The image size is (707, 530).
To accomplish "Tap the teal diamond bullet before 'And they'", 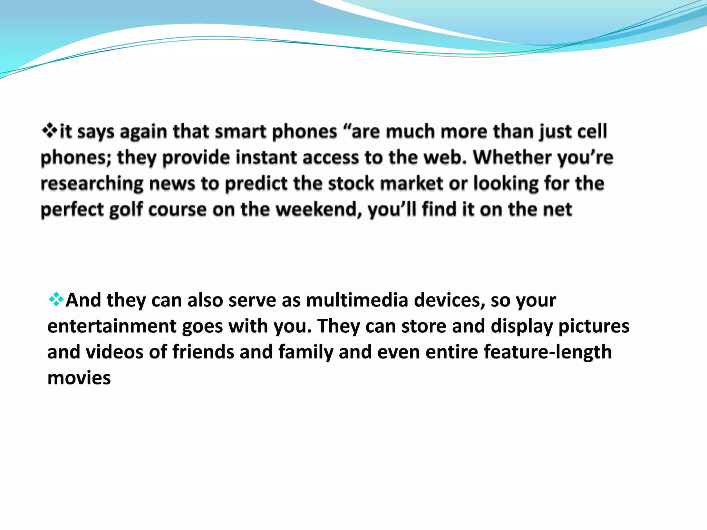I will [56, 300].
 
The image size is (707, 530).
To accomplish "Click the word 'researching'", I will [92, 184].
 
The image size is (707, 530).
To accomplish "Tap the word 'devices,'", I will [449, 300].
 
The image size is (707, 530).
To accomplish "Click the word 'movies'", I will [79, 378].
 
